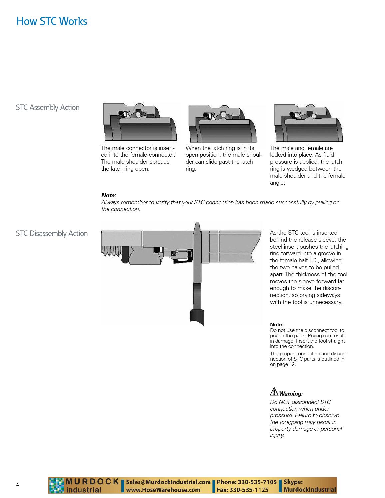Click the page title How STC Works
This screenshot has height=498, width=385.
click(x=52, y=22)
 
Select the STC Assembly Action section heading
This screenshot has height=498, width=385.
click(x=48, y=108)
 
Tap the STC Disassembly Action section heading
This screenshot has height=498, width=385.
click(x=52, y=234)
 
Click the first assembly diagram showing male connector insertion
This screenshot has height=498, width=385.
click(x=140, y=122)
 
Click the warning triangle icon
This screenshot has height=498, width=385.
click(x=274, y=392)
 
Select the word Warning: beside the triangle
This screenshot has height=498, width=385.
click(x=291, y=394)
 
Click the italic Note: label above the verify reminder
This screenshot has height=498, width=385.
click(x=109, y=195)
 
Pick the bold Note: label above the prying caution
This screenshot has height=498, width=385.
click(x=277, y=324)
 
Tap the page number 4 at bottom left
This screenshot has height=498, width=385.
click(x=18, y=485)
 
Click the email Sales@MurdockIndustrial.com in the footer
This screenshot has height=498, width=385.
click(x=169, y=482)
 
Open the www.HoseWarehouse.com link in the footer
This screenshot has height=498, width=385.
click(x=163, y=490)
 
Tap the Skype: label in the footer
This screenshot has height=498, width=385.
click(x=293, y=482)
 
